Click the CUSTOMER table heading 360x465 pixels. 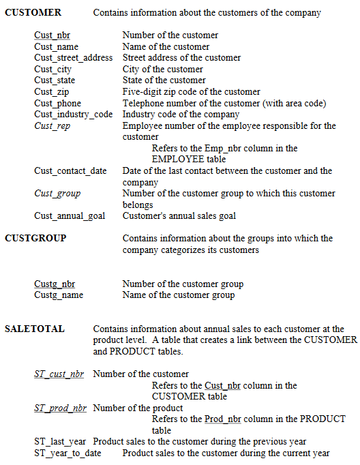pyautogui.click(x=33, y=12)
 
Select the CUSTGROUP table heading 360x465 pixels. pyautogui.click(x=35, y=238)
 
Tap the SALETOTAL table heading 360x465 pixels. pyautogui.click(x=35, y=329)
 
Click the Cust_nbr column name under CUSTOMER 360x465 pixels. pyautogui.click(x=52, y=35)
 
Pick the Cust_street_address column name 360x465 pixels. pyautogui.click(x=74, y=58)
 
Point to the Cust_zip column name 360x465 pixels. pyautogui.click(x=52, y=91)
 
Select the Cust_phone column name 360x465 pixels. pyautogui.click(x=57, y=103)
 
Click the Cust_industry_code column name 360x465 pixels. pyautogui.click(x=74, y=114)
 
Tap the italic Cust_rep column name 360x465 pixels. pyautogui.click(x=52, y=125)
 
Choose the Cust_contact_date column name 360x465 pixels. pyautogui.click(x=70, y=170)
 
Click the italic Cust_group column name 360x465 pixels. pyautogui.click(x=57, y=194)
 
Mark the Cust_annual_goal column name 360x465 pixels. pyautogui.click(x=70, y=216)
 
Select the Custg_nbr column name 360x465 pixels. pyautogui.click(x=55, y=284)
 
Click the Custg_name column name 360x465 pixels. pyautogui.click(x=59, y=295)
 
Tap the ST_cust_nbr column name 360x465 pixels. pyautogui.click(x=59, y=374)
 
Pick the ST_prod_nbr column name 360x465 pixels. pyautogui.click(x=60, y=408)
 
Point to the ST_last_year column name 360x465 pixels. pyautogui.click(x=61, y=442)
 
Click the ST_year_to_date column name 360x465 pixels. pyautogui.click(x=67, y=453)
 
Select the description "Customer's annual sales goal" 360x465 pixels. pyautogui.click(x=179, y=216)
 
